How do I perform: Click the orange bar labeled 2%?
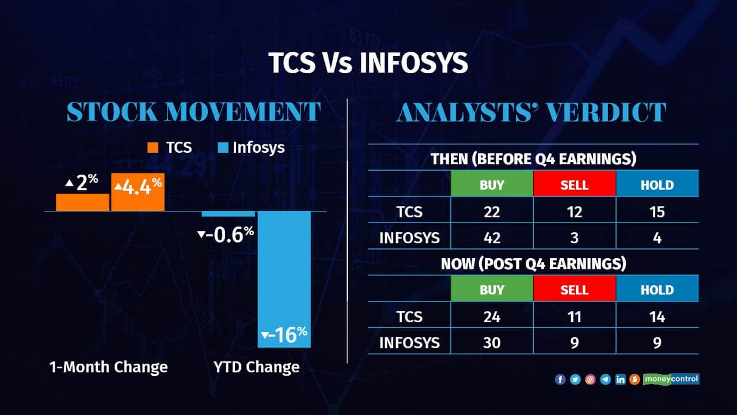pos(82,202)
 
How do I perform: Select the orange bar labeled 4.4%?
pos(138,192)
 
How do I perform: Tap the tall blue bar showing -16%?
pos(284,280)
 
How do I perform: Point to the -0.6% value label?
pos(226,235)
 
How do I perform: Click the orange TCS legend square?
pos(153,148)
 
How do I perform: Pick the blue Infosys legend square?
pos(223,148)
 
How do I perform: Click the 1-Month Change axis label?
pos(109,367)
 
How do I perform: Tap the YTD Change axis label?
pos(257,367)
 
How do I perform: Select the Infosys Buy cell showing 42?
pos(492,237)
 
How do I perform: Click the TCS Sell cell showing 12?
pos(575,212)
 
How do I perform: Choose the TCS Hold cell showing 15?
pos(658,212)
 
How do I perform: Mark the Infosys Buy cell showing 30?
pos(492,342)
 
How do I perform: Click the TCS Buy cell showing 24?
pos(492,316)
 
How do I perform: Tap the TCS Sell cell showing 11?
pos(575,316)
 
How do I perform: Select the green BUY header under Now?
pos(492,289)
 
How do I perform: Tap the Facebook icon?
pos(560,379)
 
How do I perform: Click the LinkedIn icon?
pos(620,379)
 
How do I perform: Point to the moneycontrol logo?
pos(671,379)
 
